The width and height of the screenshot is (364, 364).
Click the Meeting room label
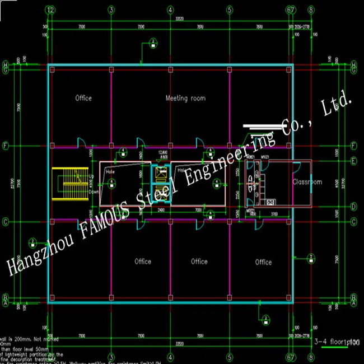[185, 99]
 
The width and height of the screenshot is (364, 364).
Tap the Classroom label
[307, 182]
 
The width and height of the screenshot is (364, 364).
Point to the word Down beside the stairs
[94, 191]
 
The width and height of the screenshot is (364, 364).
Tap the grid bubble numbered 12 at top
[51, 10]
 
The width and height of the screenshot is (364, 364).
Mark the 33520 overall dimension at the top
[180, 18]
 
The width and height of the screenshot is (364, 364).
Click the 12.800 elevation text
[163, 152]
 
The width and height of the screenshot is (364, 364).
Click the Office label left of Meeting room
[83, 99]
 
